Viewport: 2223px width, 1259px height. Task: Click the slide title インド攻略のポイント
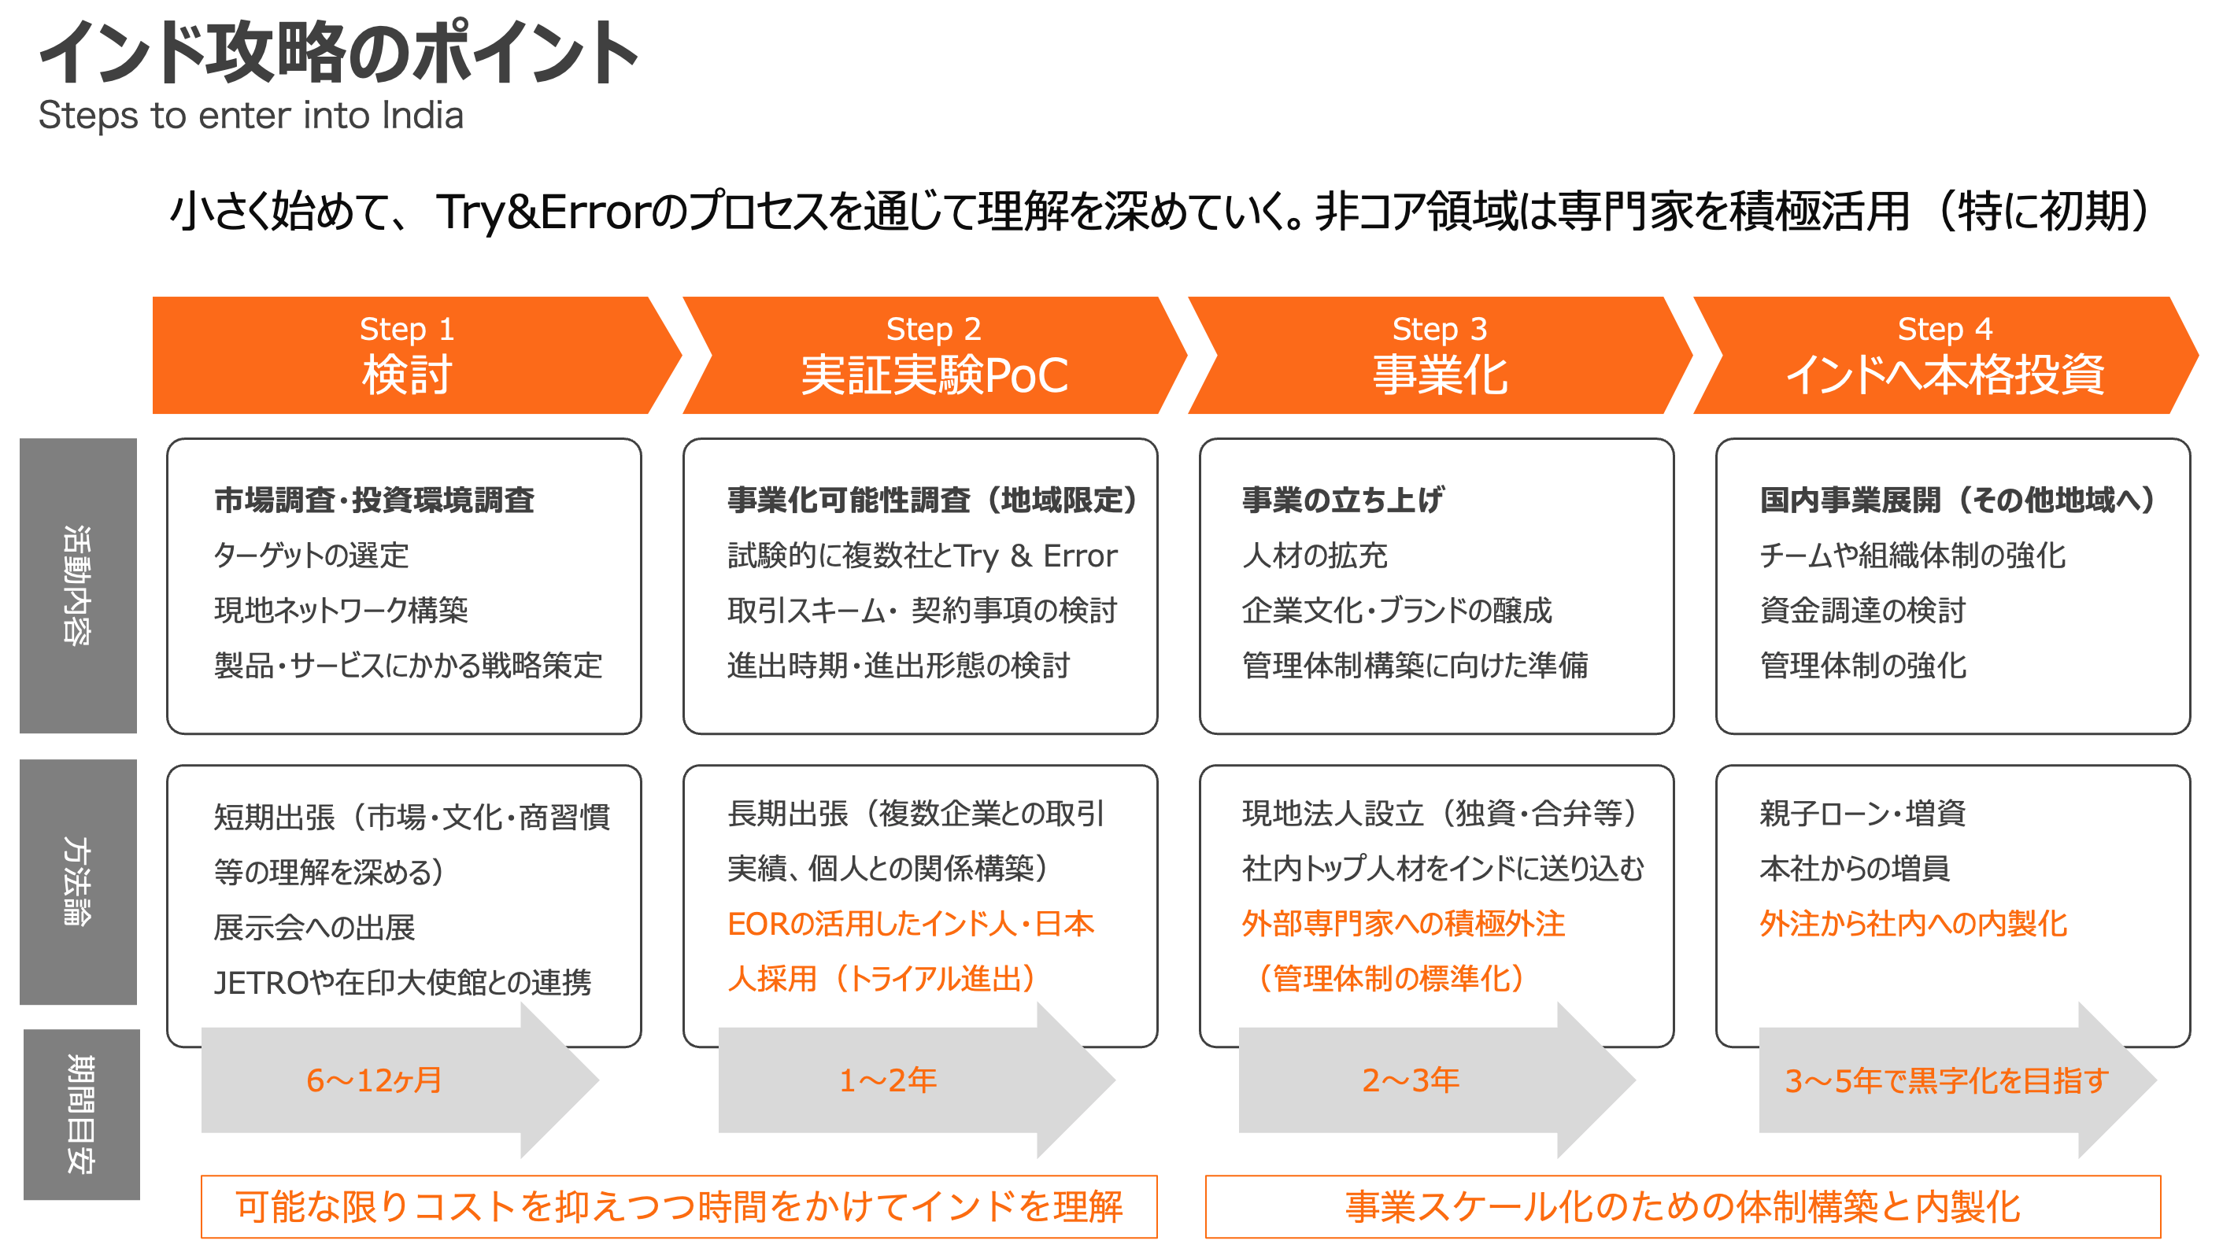coord(338,54)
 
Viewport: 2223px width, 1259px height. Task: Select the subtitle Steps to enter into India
coord(251,116)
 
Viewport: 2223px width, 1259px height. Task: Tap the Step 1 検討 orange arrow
coord(406,356)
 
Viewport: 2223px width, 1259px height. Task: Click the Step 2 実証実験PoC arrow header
coord(934,356)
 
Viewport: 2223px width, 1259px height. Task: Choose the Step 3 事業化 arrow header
coord(1439,356)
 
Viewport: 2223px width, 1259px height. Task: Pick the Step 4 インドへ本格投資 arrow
coord(1944,356)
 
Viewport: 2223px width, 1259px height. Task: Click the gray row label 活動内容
coord(78,585)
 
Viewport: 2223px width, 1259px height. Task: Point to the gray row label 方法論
coord(78,881)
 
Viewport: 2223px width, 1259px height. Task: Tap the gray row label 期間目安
coord(80,1113)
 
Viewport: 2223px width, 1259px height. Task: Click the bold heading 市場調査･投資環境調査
coord(374,500)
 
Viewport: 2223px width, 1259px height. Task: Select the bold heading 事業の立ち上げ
coord(1342,500)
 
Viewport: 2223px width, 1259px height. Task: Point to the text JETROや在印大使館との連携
coord(402,982)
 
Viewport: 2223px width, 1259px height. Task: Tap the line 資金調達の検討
coord(1862,611)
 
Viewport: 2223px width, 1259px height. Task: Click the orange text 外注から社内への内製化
coord(1914,924)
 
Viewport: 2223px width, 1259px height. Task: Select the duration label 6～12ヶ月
coord(374,1080)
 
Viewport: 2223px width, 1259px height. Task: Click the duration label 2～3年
coord(1411,1080)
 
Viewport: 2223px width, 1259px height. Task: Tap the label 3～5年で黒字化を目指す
coord(1946,1080)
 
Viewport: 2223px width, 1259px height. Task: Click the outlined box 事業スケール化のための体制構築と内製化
coord(1682,1206)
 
